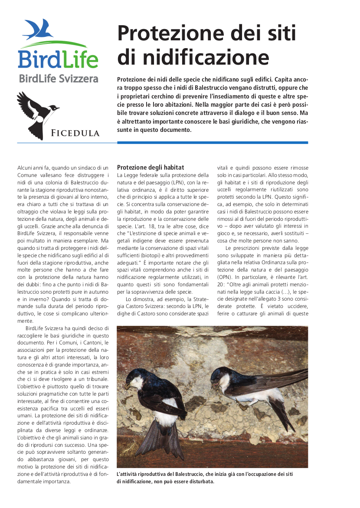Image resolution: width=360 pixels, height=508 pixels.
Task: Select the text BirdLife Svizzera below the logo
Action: click(59, 79)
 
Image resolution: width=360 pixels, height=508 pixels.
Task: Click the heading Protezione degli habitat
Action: click(151, 167)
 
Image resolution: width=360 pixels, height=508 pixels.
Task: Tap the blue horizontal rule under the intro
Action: click(213, 142)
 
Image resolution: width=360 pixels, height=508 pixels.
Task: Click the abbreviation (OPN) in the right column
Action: click(225, 276)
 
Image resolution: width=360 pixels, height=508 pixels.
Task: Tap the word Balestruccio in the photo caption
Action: click(196, 474)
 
